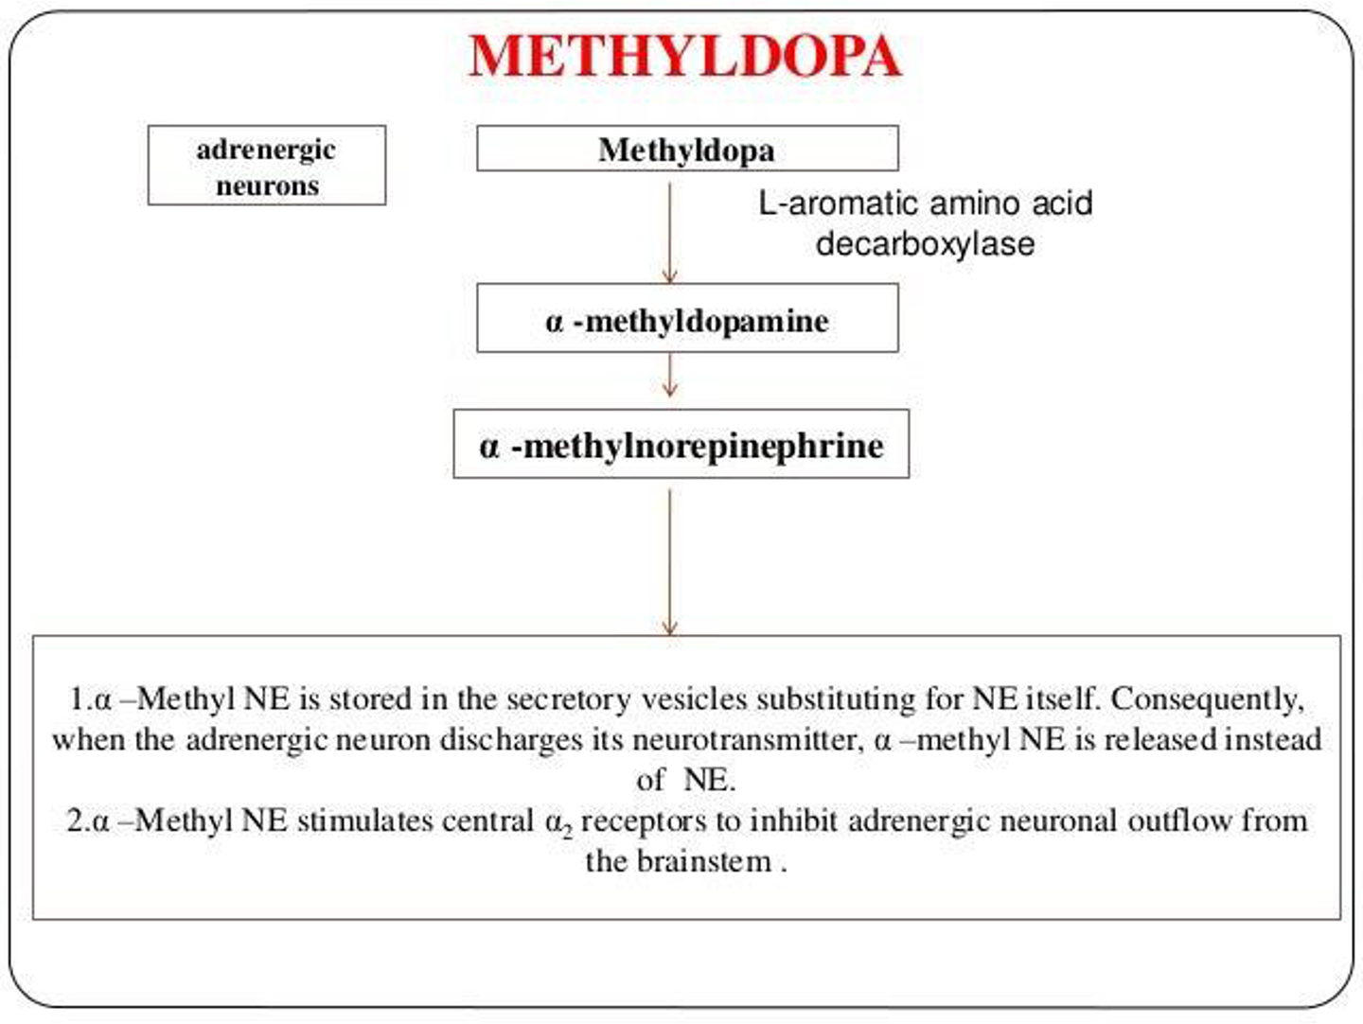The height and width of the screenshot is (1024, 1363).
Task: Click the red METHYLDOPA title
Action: point(684,56)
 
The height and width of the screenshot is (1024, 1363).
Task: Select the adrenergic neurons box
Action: point(267,166)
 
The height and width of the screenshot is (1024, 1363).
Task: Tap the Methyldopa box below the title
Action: point(687,150)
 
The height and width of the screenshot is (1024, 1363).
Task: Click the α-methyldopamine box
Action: point(687,321)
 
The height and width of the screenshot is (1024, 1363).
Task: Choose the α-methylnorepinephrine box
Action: point(681,445)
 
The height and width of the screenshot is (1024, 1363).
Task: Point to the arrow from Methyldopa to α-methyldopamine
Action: point(670,232)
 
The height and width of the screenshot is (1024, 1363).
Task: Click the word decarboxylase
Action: point(925,244)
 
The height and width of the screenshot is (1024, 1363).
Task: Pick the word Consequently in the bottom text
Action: point(1207,699)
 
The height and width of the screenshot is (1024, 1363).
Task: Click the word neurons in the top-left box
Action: point(267,185)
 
